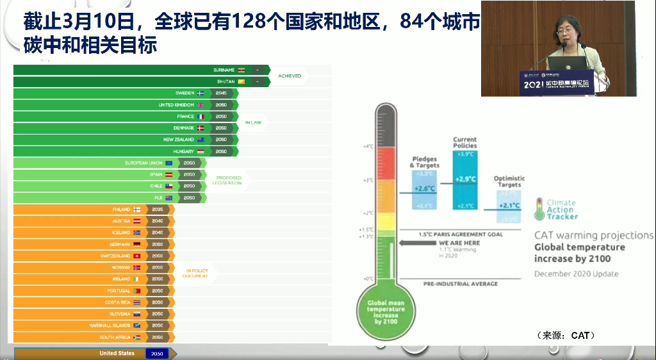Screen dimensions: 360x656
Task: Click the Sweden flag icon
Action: click(x=200, y=93)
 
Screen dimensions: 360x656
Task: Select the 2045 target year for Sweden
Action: click(x=221, y=93)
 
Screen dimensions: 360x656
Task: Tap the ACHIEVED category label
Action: click(x=290, y=76)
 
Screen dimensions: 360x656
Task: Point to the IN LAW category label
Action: click(x=253, y=122)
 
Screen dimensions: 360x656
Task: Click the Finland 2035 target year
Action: click(x=158, y=209)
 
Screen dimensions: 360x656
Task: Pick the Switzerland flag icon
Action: click(x=136, y=256)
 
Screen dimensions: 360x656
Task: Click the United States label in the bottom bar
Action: click(x=117, y=354)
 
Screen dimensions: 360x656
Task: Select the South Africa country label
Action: click(x=115, y=337)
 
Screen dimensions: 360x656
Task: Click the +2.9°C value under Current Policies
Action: click(x=465, y=178)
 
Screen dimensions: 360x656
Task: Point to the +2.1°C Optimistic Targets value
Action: click(x=509, y=205)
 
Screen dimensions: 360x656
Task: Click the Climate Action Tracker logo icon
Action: click(x=539, y=209)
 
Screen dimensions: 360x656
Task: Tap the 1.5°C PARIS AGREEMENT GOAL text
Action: click(x=461, y=234)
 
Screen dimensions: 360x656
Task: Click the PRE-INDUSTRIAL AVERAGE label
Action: click(x=461, y=284)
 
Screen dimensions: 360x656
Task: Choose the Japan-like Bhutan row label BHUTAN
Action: click(x=226, y=81)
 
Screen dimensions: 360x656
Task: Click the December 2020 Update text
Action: click(x=577, y=274)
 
